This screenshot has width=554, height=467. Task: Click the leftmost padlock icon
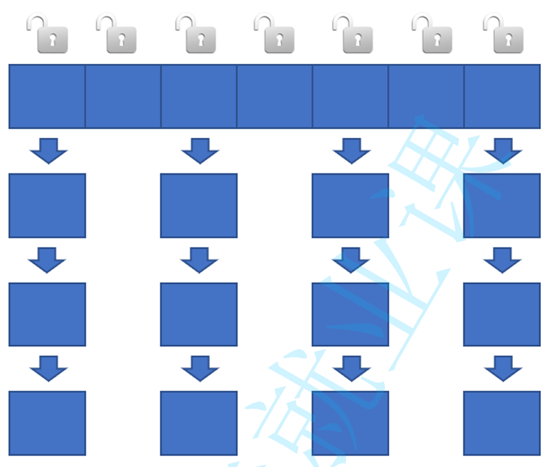tap(48, 35)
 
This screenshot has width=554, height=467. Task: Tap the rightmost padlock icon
tap(504, 35)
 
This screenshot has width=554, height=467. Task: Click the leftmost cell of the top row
tap(47, 96)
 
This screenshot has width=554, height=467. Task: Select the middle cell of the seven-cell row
tap(275, 96)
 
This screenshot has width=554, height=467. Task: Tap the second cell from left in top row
tap(123, 96)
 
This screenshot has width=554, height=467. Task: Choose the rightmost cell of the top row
tap(502, 96)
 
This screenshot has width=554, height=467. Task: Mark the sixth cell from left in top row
tap(426, 96)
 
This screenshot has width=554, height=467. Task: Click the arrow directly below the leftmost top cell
tap(48, 151)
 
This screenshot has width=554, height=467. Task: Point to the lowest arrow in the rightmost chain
tap(503, 368)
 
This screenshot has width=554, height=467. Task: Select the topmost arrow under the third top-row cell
tap(200, 151)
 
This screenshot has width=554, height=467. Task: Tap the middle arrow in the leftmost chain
tap(47, 260)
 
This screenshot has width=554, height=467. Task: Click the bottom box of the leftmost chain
tap(47, 423)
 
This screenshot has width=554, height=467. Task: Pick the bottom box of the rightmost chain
tap(502, 423)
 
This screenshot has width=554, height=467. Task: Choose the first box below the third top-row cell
tap(199, 206)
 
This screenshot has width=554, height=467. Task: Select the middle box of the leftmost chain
tap(47, 314)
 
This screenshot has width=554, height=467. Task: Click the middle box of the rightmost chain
tap(502, 314)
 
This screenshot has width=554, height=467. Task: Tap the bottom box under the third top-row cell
tap(199, 423)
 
